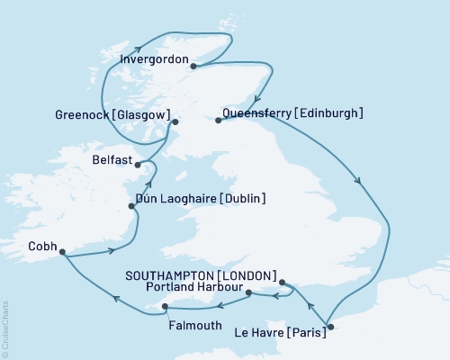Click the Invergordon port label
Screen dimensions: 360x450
153,61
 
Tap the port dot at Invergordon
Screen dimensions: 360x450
193,64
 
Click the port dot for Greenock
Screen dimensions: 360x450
175,121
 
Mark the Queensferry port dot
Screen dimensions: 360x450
219,120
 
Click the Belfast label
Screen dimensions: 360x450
112,157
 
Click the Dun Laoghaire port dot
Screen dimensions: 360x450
132,206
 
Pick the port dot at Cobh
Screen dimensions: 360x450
63,253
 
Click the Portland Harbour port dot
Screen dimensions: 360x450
248,292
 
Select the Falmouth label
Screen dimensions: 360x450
195,325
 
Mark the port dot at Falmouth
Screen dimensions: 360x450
165,307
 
